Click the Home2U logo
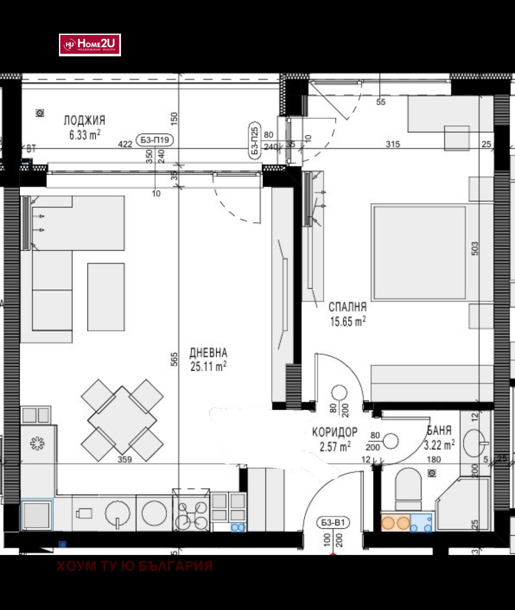click(90, 45)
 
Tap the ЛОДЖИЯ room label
click(84, 120)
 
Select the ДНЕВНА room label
click(208, 352)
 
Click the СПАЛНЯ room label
click(347, 307)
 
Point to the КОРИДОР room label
click(335, 432)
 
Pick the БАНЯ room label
click(439, 430)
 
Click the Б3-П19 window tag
click(155, 140)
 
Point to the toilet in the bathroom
click(408, 489)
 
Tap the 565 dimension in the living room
click(173, 359)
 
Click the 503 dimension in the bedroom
click(475, 248)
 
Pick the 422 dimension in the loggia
click(125, 144)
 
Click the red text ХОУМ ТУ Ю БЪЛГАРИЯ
click(135, 566)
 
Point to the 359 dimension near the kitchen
click(125, 459)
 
